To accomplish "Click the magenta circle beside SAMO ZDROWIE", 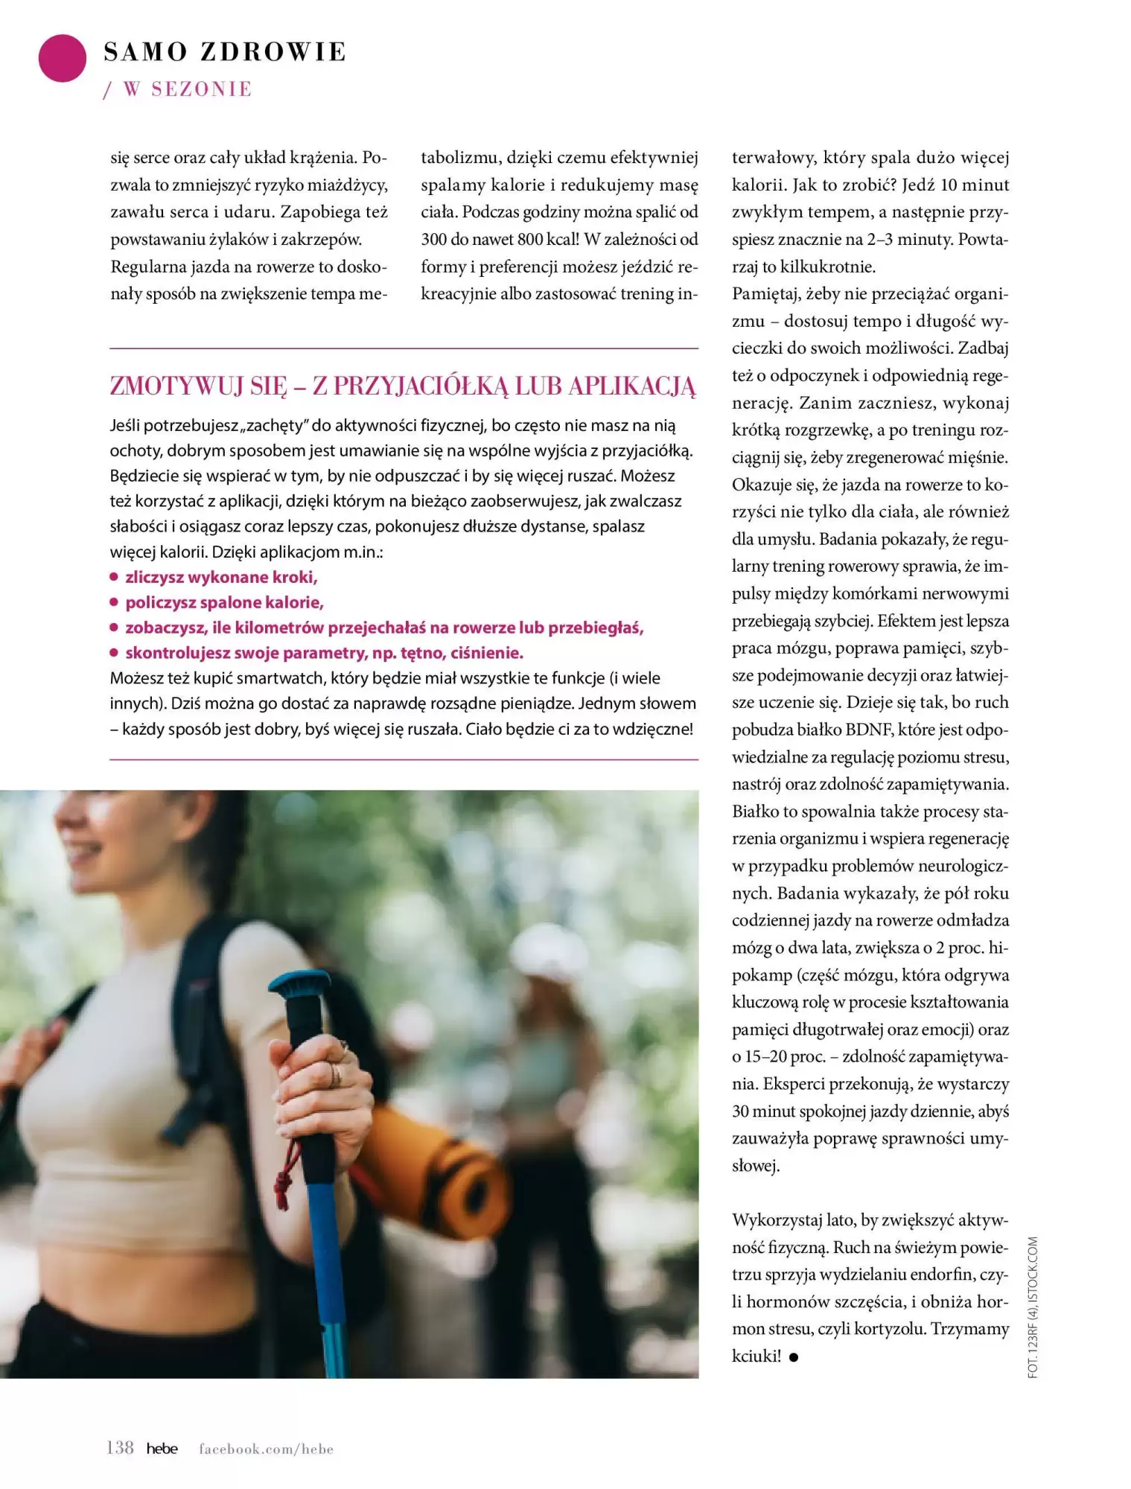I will [63, 58].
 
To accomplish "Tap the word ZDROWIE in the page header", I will [273, 52].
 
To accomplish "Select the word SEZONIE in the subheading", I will [202, 89].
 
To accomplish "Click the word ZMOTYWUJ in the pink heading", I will [176, 386].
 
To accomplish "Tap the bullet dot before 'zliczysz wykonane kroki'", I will [114, 576].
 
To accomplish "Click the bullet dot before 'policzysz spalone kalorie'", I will [114, 602].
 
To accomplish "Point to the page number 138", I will [120, 1448].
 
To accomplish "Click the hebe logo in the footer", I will [162, 1449].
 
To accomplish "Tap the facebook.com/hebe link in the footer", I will [266, 1449].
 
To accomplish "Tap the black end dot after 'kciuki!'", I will [794, 1357].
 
